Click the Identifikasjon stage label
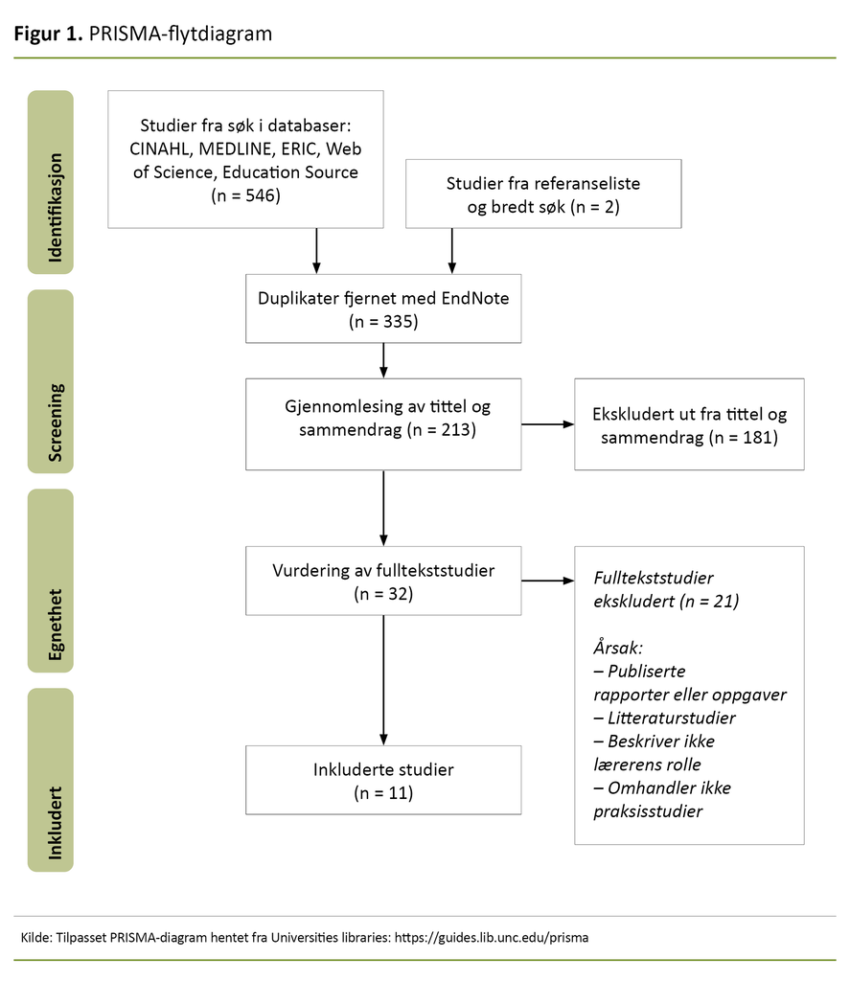tap(51, 181)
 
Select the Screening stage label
tap(51, 381)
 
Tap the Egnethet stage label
tap(51, 581)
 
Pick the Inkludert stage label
tap(51, 780)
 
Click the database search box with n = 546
tap(245, 159)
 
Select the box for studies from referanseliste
tap(543, 194)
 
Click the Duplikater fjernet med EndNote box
tap(383, 308)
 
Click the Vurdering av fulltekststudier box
tap(383, 581)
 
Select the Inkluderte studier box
tap(383, 780)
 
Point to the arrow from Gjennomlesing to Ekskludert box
tap(547, 422)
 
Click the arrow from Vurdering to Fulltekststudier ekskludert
tap(547, 581)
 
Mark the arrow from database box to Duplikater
tap(315, 250)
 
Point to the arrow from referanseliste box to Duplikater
tap(451, 250)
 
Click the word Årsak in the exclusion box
tap(619, 647)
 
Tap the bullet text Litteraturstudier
tap(671, 718)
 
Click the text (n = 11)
tap(383, 792)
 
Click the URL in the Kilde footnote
tap(492, 937)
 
